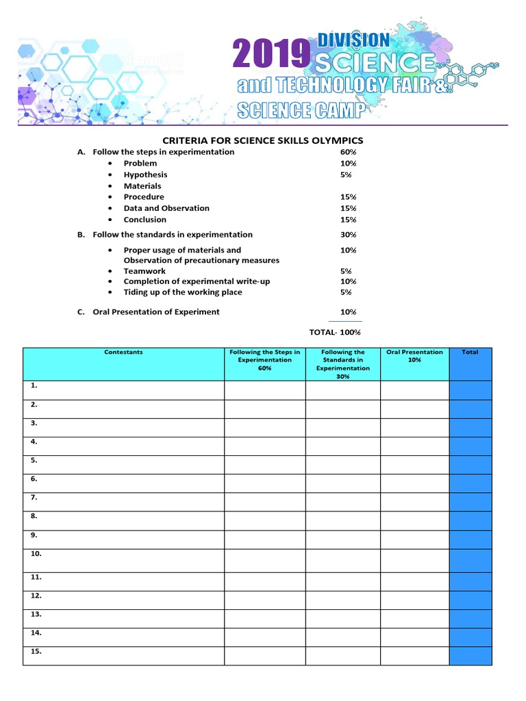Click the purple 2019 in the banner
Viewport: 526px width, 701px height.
(x=271, y=55)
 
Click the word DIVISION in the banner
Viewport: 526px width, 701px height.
(x=354, y=40)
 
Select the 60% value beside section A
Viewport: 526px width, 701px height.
(x=349, y=152)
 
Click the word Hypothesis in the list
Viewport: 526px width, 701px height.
(x=145, y=175)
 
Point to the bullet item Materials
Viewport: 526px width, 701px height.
(x=142, y=186)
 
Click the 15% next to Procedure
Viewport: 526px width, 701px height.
(x=349, y=197)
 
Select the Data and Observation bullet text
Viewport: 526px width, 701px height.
(x=166, y=208)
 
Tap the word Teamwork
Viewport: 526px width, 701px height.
(x=145, y=271)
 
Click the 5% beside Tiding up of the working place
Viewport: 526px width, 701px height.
(x=346, y=292)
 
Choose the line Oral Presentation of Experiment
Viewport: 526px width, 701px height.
(x=156, y=311)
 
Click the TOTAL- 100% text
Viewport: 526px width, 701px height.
(x=335, y=332)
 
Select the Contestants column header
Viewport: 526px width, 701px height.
(x=123, y=352)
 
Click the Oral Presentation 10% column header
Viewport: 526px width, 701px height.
(x=414, y=356)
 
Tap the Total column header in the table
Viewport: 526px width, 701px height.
(x=470, y=352)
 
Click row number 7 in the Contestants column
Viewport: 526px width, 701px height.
(x=34, y=498)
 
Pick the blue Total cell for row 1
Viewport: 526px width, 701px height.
(x=470, y=390)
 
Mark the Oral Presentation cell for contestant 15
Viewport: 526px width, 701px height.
(x=414, y=655)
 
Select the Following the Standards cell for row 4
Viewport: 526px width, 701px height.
(x=342, y=446)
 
